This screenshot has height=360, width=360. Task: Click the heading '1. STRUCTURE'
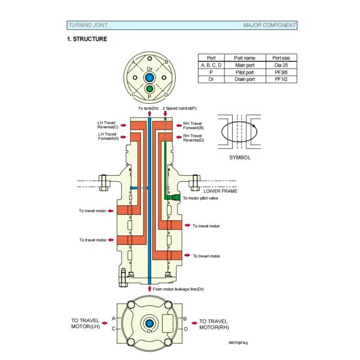[x=87, y=39]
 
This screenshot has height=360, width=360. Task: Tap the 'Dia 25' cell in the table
[x=281, y=64]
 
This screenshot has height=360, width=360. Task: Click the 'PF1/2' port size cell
[x=281, y=79]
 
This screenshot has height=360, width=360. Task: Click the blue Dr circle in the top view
[x=149, y=78]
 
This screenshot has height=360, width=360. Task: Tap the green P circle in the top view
[x=149, y=90]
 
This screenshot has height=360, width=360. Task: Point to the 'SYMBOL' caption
[x=240, y=157]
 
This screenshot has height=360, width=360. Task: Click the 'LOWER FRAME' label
[x=220, y=190]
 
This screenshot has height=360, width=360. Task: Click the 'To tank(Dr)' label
[x=148, y=108]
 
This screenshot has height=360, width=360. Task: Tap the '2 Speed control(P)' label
[x=179, y=108]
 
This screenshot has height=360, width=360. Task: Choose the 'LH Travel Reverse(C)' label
[x=108, y=124]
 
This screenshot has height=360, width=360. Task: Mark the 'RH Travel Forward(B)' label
[x=193, y=125]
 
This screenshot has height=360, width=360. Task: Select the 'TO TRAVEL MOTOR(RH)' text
[x=214, y=324]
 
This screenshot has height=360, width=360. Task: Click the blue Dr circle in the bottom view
[x=149, y=324]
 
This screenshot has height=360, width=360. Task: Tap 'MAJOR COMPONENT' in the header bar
[x=269, y=25]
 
